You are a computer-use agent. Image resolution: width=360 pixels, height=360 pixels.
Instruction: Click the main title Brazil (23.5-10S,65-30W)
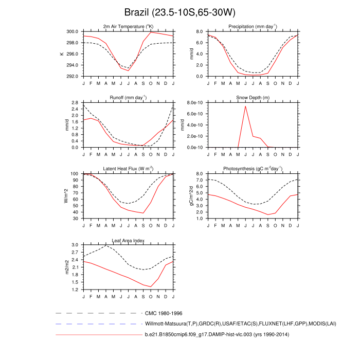[x=180, y=12]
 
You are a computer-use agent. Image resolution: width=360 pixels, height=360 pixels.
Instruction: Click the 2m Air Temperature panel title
[x=129, y=26]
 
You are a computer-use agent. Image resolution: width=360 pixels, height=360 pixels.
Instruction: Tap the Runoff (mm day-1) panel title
[x=129, y=97]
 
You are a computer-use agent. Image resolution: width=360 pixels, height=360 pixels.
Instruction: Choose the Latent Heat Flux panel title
[x=129, y=169]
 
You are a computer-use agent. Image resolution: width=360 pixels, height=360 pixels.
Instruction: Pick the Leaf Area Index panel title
[x=129, y=240]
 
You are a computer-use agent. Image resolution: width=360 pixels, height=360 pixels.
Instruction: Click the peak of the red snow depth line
[x=245, y=106]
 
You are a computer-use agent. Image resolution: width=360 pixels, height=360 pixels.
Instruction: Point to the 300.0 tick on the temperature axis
[x=72, y=31]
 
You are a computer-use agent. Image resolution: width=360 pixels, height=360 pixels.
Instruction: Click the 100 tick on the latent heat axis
[x=74, y=174]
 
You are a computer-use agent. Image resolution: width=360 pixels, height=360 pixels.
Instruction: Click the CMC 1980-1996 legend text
[x=164, y=313]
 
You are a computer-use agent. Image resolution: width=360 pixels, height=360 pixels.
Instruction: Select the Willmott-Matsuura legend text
[x=222, y=324]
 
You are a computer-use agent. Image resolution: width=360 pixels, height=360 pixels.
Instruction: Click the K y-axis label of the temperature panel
[x=62, y=53]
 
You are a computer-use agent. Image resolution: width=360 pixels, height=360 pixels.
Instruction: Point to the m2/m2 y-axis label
[x=67, y=267]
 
